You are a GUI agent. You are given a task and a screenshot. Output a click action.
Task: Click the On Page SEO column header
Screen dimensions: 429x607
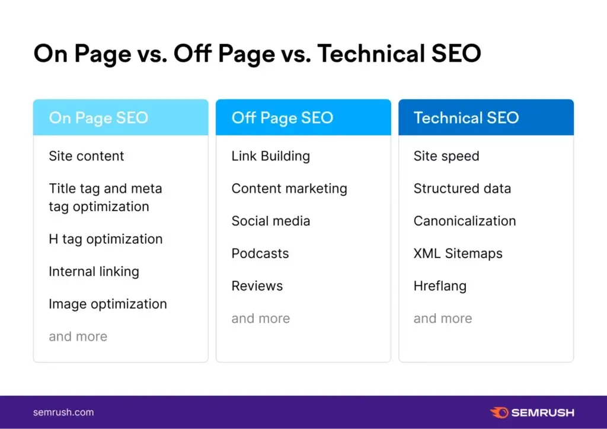pos(98,117)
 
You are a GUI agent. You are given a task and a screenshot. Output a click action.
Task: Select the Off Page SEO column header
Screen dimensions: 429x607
pos(282,117)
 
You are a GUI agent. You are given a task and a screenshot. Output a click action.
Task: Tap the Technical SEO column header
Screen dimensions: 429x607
pos(466,117)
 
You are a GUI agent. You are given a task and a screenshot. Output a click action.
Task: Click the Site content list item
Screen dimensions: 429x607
pos(87,156)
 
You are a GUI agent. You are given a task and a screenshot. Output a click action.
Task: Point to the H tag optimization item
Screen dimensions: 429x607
pos(106,239)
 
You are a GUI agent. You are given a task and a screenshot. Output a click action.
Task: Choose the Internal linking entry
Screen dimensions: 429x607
pos(94,272)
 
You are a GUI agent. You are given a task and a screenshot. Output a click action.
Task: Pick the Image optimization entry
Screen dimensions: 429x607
pos(108,304)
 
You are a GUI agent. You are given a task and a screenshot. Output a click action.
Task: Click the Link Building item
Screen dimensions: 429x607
pos(270,156)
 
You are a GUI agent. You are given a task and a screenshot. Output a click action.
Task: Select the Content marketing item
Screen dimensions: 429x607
pos(289,189)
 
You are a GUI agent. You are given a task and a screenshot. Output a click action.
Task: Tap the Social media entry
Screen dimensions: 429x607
pos(270,221)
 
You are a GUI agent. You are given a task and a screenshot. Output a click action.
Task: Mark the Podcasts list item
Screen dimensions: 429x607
pos(260,253)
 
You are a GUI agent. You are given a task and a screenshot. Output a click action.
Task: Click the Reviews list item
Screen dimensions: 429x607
pos(257,286)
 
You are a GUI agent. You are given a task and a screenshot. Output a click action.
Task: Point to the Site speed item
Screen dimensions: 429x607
pos(446,156)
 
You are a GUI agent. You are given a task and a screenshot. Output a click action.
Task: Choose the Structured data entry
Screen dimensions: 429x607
pos(462,189)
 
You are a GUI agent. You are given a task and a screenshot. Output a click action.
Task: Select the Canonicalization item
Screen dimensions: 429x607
pos(465,221)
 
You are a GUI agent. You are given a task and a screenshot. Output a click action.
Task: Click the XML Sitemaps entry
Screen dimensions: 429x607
pos(458,253)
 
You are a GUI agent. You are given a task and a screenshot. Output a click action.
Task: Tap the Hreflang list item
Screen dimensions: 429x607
pos(440,286)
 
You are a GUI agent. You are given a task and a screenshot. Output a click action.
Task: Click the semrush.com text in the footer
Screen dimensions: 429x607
pos(63,412)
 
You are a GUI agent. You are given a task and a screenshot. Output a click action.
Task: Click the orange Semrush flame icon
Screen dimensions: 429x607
pos(499,412)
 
